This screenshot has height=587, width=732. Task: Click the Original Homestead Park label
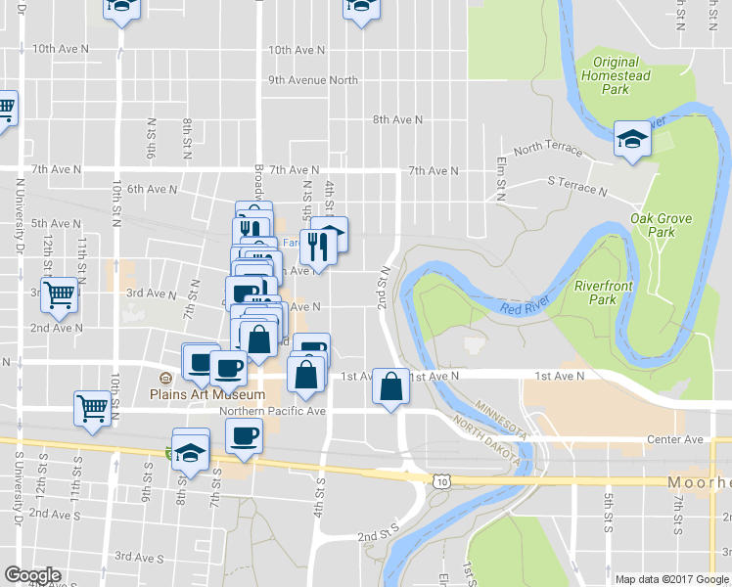coord(618,75)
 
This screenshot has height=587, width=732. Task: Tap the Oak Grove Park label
coord(654,226)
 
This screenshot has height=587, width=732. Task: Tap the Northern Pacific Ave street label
coord(272,412)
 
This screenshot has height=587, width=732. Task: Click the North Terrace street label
coord(546,149)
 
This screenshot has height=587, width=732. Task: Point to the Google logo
coord(32,575)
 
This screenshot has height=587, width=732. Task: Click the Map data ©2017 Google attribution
coord(670,579)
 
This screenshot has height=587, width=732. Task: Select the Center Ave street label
coord(675,440)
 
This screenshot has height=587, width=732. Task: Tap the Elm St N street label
coord(501,175)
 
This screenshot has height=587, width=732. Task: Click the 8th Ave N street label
coord(397,119)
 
